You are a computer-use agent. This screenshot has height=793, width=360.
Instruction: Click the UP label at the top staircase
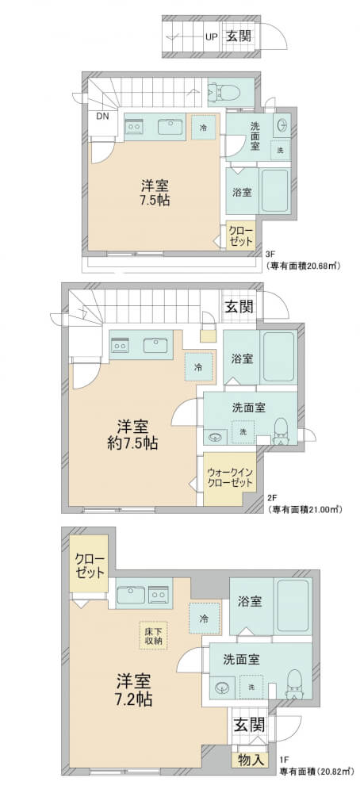point(212,36)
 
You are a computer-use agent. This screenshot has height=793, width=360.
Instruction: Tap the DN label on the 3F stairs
point(102,116)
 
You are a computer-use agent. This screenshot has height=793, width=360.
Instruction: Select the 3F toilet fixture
point(218,92)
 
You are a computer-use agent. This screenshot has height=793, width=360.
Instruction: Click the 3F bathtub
point(275,191)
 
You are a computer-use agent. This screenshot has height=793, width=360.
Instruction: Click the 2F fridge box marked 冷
point(199,367)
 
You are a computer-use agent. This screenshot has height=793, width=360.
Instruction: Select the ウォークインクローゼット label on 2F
point(230,477)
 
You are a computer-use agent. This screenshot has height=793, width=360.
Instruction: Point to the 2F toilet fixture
point(280,431)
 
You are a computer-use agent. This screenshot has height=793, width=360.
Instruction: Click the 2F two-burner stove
point(121,346)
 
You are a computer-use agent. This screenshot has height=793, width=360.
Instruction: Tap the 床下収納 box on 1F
point(151,633)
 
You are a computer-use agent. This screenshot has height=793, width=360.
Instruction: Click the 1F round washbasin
point(221,687)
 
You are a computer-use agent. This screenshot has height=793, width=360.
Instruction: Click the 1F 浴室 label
point(250,601)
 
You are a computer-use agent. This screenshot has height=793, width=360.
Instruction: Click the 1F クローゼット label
point(90,566)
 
